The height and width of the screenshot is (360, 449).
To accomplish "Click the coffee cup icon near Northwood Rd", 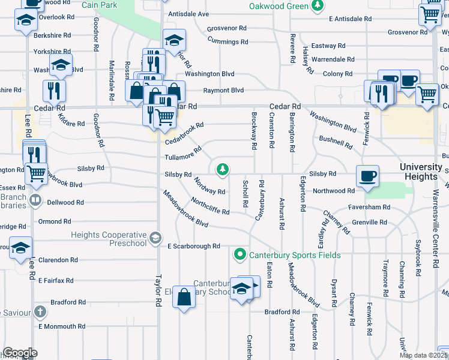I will (x=367, y=176).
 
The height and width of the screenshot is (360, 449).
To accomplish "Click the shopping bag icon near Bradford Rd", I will (x=184, y=296).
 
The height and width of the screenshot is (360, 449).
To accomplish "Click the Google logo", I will (x=20, y=353).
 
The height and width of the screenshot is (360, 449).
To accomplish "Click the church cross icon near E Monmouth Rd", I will (x=40, y=311).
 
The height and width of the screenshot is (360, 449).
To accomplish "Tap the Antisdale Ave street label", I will (x=189, y=14).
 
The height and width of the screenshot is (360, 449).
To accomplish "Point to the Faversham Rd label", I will (x=369, y=207).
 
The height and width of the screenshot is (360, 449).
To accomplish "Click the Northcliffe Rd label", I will (x=210, y=206).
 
